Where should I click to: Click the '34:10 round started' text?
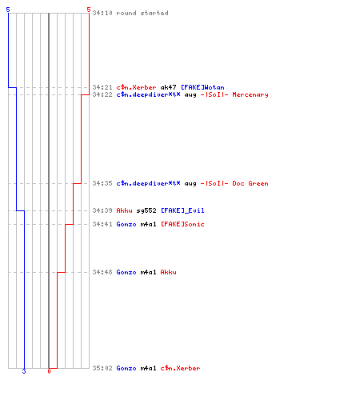[x=130, y=13]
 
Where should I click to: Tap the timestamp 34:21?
[x=102, y=87]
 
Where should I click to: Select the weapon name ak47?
[x=168, y=87]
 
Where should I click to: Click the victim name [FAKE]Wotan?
[x=202, y=87]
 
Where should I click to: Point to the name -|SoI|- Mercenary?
[x=234, y=94]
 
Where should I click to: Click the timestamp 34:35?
[x=102, y=183]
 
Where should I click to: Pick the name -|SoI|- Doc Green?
[x=234, y=183]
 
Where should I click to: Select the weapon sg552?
[x=146, y=210]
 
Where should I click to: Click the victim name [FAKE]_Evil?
[x=182, y=210]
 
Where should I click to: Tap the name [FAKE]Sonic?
[x=182, y=224]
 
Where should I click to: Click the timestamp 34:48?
[x=102, y=272]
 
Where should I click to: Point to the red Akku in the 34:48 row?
[x=168, y=272]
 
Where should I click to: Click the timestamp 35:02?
[x=102, y=368]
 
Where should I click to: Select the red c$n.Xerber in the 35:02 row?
[x=180, y=368]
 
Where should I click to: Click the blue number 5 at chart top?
[x=8, y=10]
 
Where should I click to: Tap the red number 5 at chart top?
[x=89, y=10]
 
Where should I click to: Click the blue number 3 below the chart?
[x=24, y=371]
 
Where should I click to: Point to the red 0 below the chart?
[x=49, y=371]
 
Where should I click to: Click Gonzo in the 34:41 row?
[x=126, y=224]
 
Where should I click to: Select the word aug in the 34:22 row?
[x=190, y=95]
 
